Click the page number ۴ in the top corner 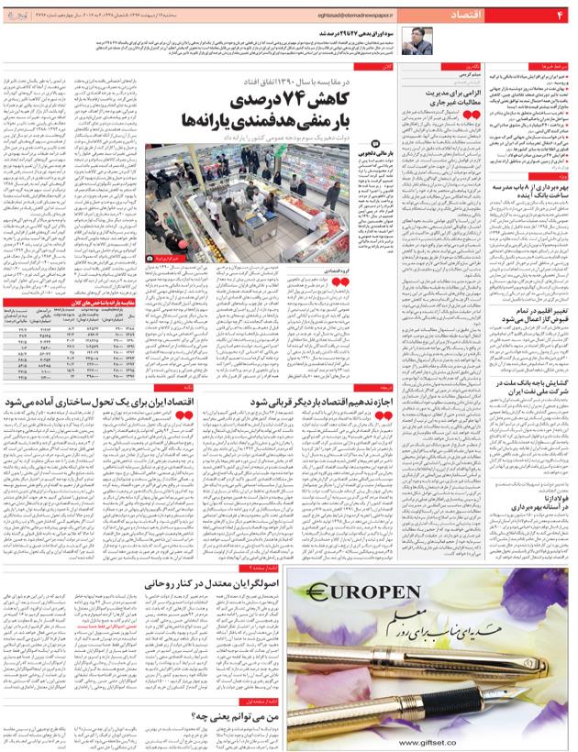click(x=560, y=16)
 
